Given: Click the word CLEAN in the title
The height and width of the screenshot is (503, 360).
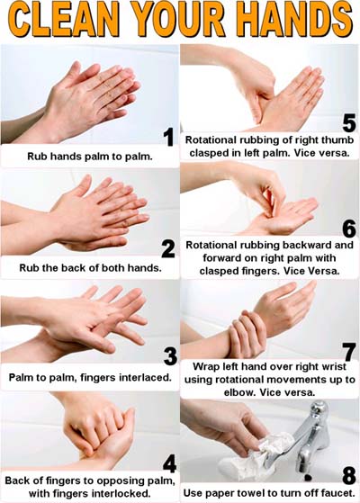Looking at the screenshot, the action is tap(65, 20).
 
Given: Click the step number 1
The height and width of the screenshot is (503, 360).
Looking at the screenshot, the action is tap(169, 137).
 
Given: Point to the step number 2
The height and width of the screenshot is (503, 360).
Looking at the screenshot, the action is tap(168, 249).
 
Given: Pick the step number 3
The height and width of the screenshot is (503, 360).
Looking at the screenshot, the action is tap(170, 356).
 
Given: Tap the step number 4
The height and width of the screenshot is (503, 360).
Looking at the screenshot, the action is tap(169, 464).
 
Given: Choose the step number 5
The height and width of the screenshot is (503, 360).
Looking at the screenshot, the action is tap(349, 123).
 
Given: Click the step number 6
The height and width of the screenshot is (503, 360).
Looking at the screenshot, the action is tap(349, 229).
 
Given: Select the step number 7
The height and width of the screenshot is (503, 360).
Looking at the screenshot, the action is tap(349, 352).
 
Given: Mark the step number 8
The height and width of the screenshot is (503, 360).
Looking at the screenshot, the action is tap(349, 475).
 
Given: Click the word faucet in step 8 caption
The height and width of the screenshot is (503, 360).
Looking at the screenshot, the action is tap(337, 493).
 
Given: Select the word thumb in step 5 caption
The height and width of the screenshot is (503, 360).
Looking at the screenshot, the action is tap(337, 140).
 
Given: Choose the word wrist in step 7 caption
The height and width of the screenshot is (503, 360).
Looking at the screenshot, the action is tap(333, 366).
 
